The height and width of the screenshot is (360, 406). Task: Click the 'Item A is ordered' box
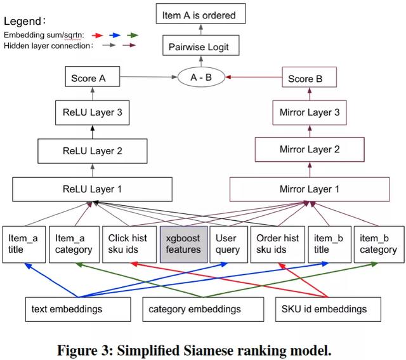200,13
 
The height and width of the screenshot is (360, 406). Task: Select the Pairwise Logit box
200,45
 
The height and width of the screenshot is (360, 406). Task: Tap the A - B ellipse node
201,77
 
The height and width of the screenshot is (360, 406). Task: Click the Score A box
93,76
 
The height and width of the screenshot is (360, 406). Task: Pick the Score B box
309,77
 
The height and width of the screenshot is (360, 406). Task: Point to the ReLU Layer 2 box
93,151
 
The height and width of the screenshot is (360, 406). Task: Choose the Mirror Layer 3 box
310,113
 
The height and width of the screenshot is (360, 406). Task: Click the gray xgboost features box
183,244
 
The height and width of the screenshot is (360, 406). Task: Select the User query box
228,244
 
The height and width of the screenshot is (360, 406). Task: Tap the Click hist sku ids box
129,244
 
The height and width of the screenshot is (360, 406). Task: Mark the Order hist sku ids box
277,244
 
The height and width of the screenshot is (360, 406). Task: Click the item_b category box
379,244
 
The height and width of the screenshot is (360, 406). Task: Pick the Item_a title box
24,244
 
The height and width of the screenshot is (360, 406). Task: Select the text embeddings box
78,309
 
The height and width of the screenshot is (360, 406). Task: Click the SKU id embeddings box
328,309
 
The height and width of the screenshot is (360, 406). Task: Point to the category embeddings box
203,309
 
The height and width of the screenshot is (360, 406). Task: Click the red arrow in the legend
98,36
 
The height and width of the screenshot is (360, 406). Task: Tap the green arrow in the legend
133,36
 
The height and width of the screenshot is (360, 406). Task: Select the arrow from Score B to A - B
254,77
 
